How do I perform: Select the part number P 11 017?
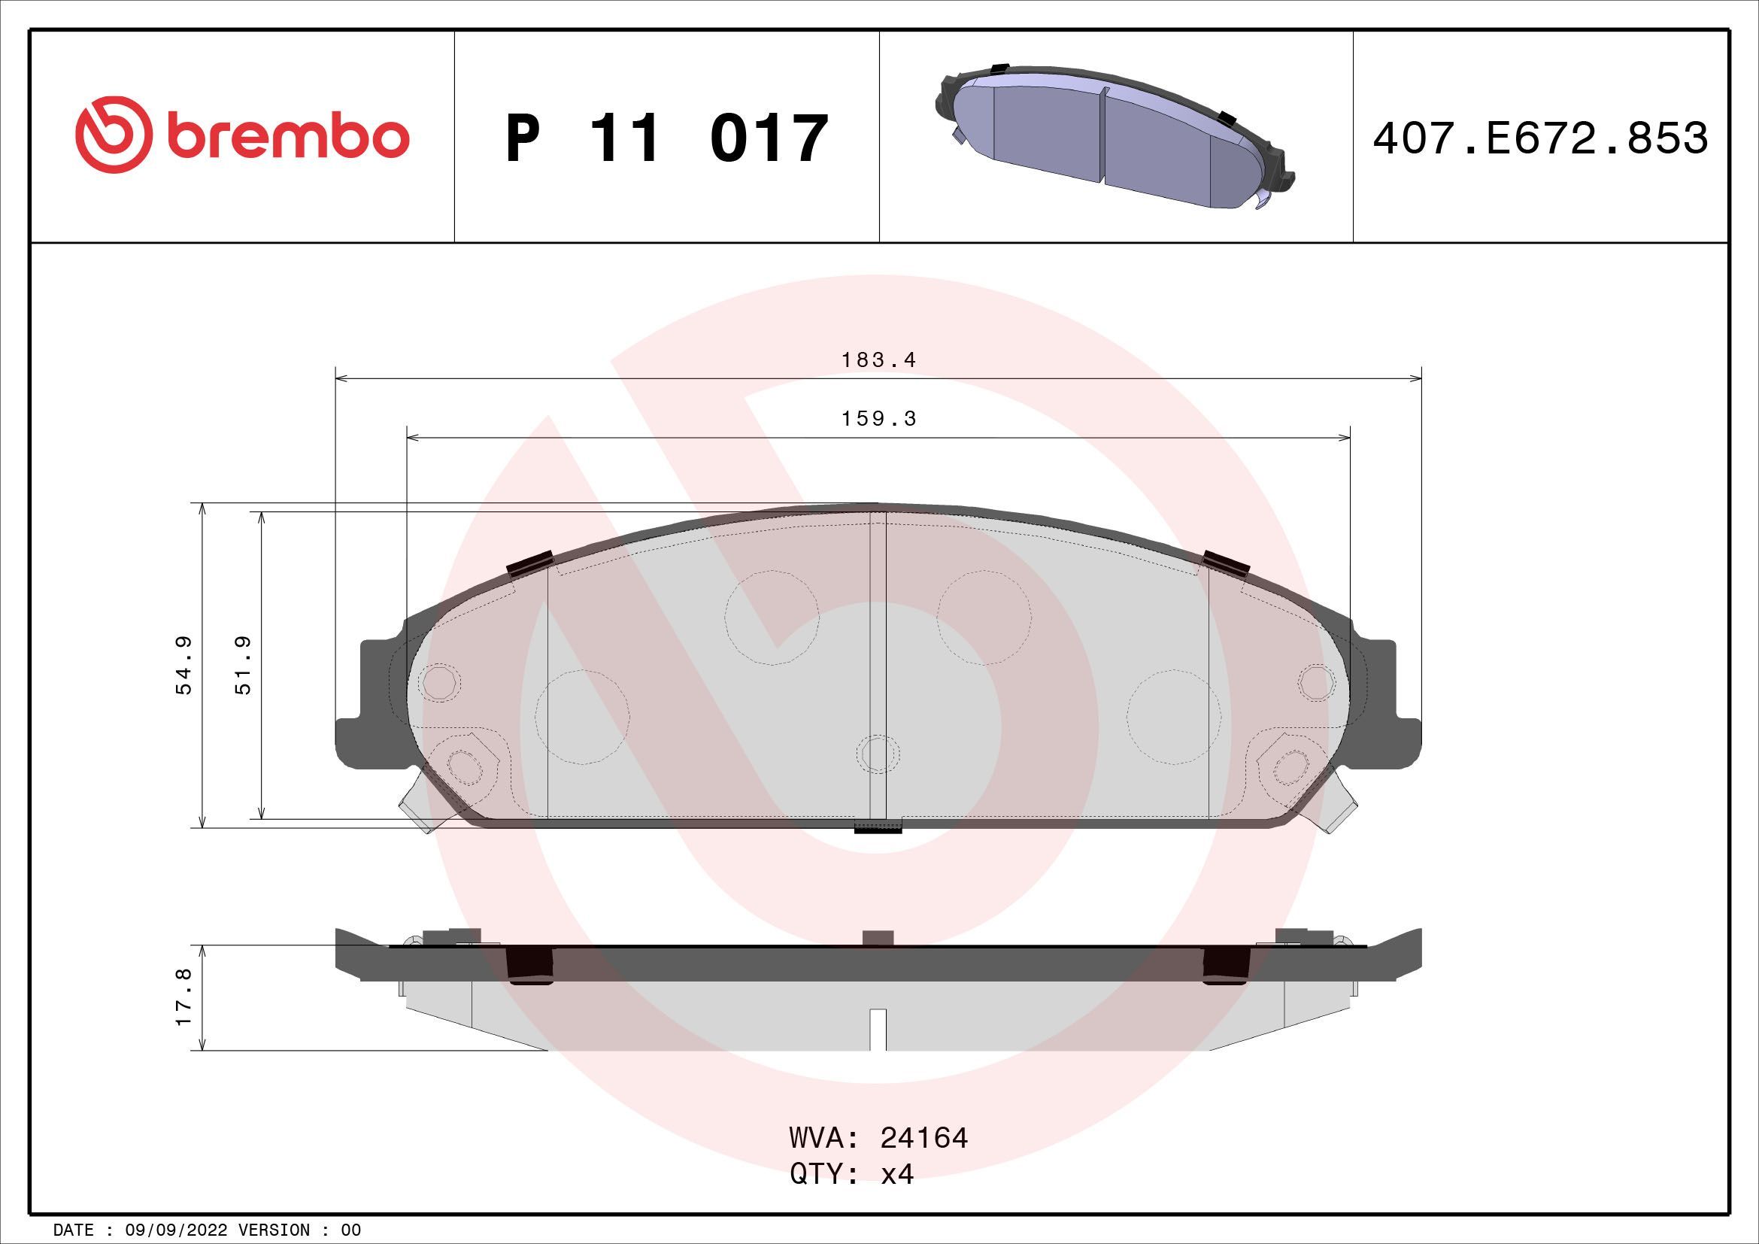click(666, 138)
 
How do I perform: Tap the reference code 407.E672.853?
click(1540, 138)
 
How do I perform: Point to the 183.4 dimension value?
click(878, 360)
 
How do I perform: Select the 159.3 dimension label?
click(878, 419)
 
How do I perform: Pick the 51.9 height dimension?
click(244, 665)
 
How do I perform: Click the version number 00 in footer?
click(351, 1230)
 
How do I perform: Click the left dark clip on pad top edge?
click(530, 564)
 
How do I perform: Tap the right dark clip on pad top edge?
click(1227, 563)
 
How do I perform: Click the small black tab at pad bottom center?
click(878, 827)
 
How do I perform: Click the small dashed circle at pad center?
click(878, 752)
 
